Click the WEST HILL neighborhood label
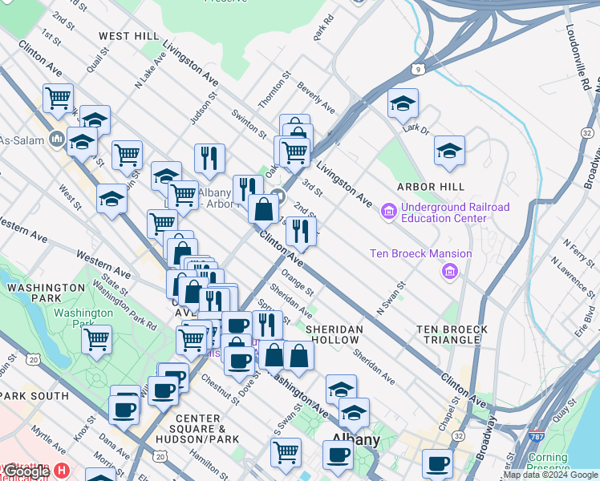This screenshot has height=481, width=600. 129,36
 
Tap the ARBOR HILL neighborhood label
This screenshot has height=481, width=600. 430,187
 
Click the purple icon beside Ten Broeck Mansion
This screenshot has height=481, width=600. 449,273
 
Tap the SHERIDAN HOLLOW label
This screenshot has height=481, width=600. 334,335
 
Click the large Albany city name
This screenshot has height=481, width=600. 356,440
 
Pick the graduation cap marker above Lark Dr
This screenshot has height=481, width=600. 403,103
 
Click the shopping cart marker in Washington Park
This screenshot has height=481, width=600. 97,338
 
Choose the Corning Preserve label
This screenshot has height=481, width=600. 549,463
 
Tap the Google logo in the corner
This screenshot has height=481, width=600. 26,471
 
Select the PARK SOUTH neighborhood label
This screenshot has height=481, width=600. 34,396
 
